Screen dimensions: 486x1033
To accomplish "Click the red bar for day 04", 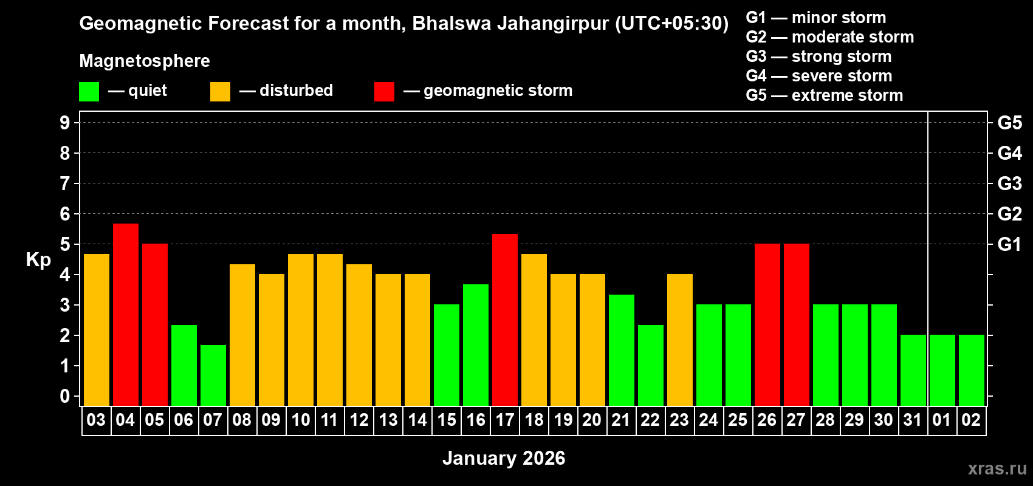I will pos(126,314).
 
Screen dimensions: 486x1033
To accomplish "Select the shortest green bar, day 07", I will pos(213,375).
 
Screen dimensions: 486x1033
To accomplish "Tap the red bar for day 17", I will pos(505,320).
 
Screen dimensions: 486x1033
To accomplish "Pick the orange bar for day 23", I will pos(680,340).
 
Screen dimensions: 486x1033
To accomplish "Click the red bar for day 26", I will pos(767,324).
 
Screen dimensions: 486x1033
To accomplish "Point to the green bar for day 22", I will pos(651,365).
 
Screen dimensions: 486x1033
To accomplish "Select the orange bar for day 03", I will pos(97,329).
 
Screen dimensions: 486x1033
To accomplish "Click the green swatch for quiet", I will pos(89,92).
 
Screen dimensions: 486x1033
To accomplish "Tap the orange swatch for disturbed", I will pos(220,92).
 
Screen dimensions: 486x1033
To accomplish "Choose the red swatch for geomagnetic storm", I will pos(384,92).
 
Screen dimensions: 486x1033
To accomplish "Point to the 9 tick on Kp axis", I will pos(65,123).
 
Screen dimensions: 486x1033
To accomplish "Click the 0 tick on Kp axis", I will pos(65,397).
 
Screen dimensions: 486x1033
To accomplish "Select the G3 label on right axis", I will pos(1009,183).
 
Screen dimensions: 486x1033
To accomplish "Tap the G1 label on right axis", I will pos(1009,244).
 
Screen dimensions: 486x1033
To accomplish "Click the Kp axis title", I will pos(38,260).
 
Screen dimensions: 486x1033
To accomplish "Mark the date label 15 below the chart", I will pos(447,420).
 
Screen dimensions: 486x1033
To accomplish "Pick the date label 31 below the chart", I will pos(913,420).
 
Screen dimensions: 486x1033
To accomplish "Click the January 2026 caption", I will pos(504,458).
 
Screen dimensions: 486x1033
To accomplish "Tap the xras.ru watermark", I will pos(997,468).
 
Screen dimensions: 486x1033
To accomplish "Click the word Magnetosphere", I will pos(145,61).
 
